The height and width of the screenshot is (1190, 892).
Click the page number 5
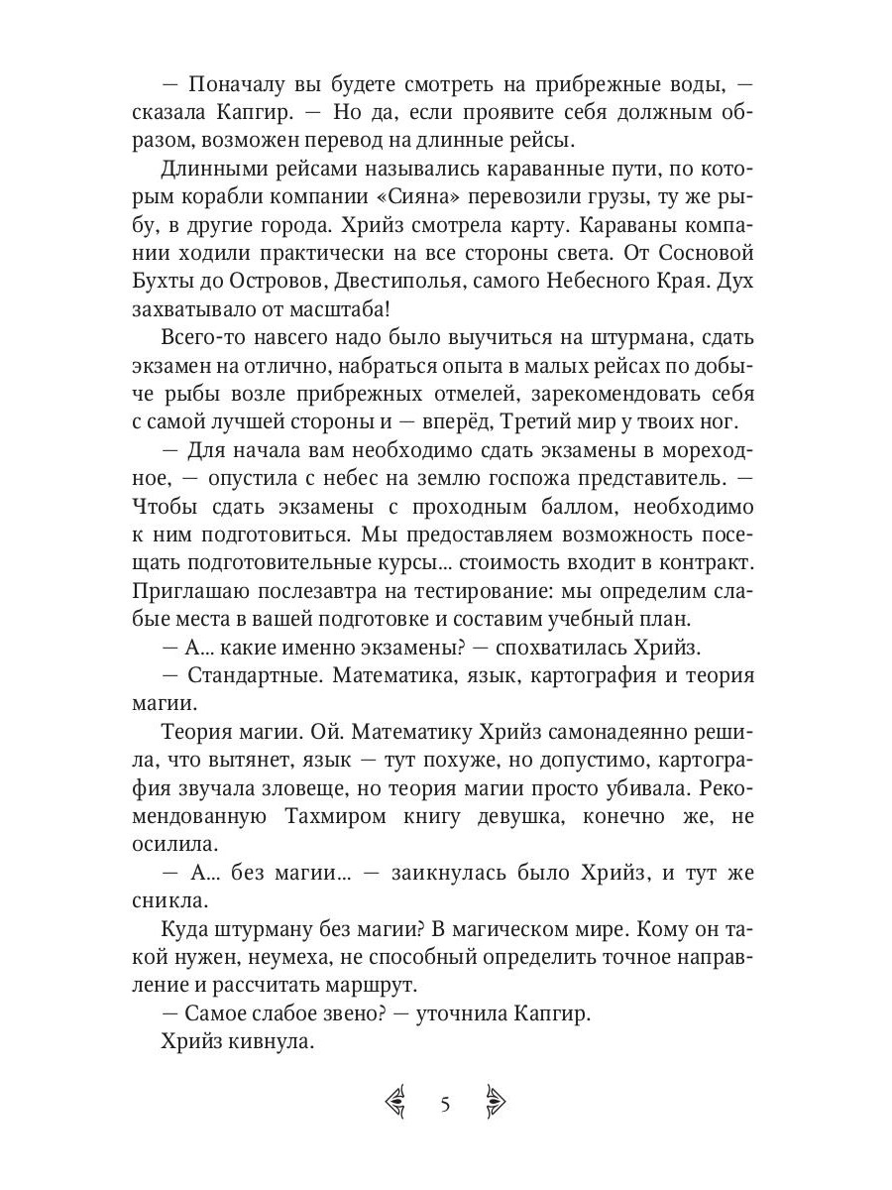(445, 1104)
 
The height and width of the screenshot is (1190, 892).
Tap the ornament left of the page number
(396, 1103)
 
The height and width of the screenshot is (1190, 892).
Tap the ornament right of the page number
(495, 1103)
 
